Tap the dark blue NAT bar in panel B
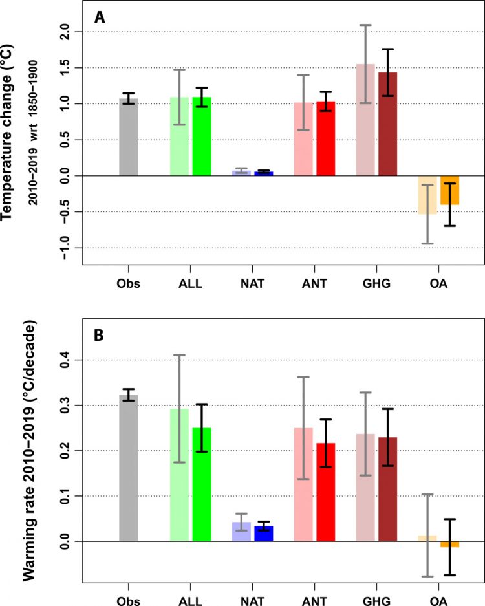point(264,534)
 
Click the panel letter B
point(99,336)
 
